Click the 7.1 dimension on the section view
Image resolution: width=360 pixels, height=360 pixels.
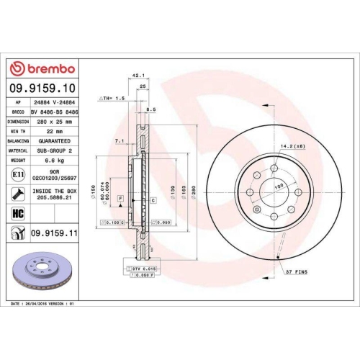(119, 141)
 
